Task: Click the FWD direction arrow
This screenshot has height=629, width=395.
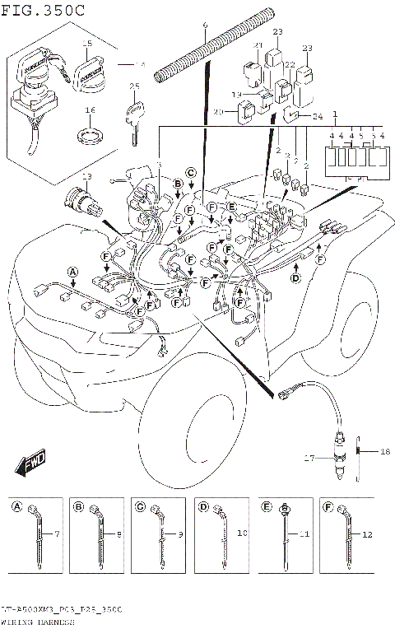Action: click(x=30, y=464)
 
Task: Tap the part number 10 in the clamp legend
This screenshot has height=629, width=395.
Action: click(x=242, y=534)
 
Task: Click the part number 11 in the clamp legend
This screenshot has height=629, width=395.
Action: click(x=304, y=534)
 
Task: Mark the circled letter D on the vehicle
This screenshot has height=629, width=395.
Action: click(x=295, y=277)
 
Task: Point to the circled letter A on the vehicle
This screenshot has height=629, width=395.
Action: click(x=72, y=271)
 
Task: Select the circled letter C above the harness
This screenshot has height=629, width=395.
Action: click(x=190, y=173)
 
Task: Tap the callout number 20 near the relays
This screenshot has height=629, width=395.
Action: click(x=218, y=112)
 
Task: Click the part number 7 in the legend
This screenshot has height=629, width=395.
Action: click(x=57, y=534)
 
